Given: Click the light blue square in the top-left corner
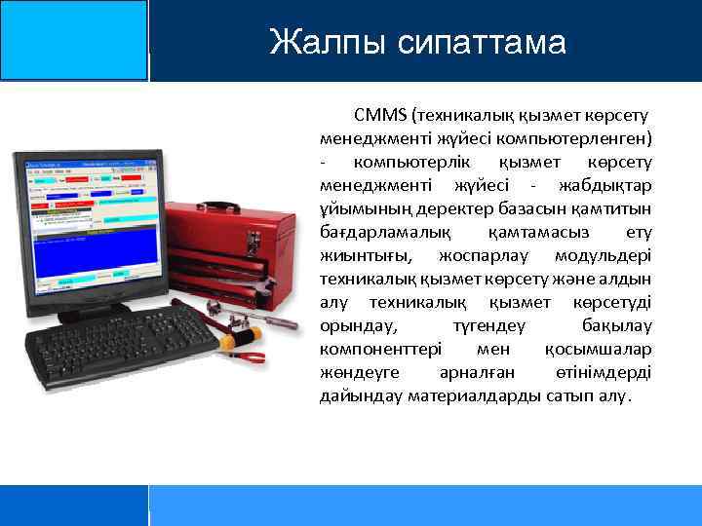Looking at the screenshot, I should click(x=73, y=39).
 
